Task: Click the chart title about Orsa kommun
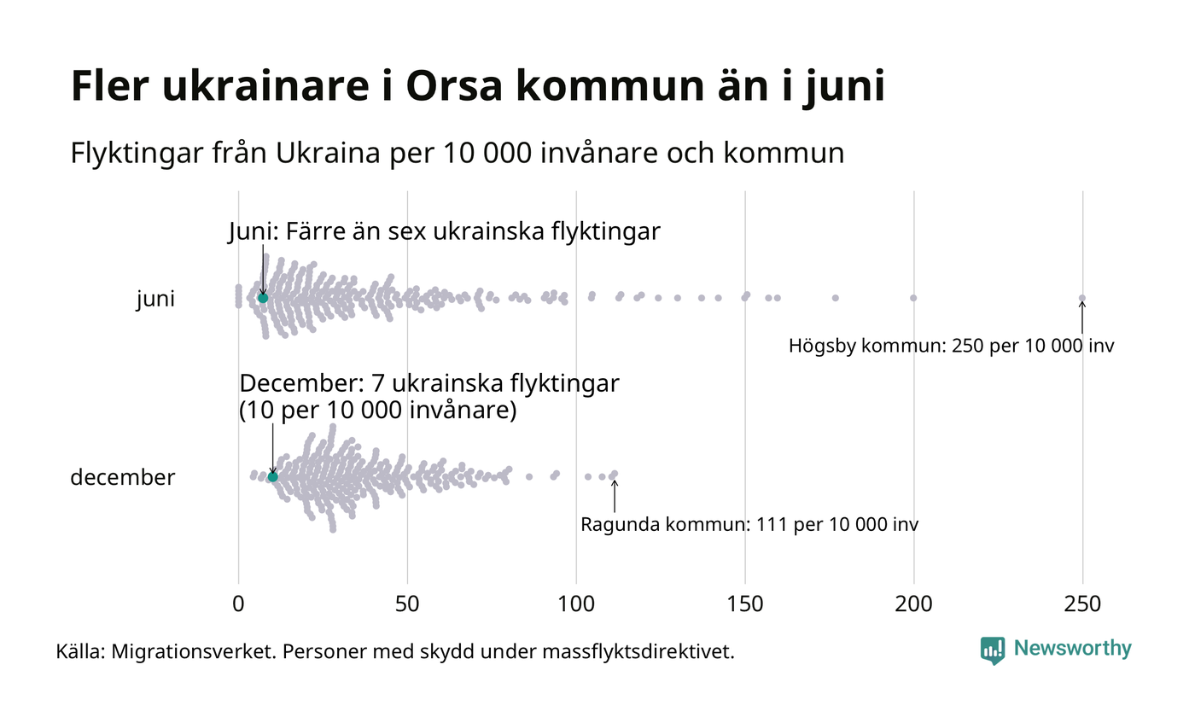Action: [x=477, y=86]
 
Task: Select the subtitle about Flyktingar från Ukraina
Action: [x=458, y=154]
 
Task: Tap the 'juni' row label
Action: [x=155, y=300]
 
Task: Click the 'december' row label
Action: [x=122, y=477]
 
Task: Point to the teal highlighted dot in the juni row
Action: [x=263, y=298]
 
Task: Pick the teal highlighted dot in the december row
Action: [x=273, y=476]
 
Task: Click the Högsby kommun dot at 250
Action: [x=1082, y=298]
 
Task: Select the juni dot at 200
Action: [x=913, y=298]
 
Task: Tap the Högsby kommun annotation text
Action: [x=951, y=347]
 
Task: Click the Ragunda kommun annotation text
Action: [x=749, y=524]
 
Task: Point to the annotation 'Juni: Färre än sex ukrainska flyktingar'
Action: [x=444, y=231]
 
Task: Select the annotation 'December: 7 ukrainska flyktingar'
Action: [x=429, y=384]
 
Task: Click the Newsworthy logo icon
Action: [x=993, y=650]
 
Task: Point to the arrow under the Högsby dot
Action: [x=1082, y=318]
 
